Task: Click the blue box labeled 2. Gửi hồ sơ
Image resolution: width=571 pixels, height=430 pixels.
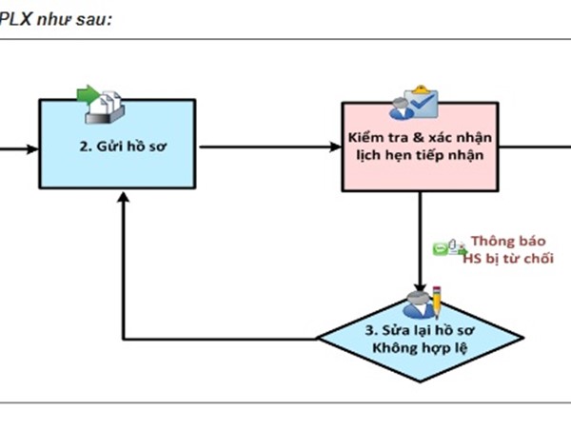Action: click(120, 148)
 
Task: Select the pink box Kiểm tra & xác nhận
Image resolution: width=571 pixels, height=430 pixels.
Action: click(418, 148)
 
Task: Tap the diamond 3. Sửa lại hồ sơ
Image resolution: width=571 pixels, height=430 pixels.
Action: click(418, 339)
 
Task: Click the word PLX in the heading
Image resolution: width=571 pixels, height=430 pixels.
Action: click(16, 19)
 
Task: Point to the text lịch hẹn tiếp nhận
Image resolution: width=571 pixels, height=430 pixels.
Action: click(418, 158)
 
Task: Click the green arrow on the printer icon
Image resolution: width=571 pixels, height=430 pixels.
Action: click(88, 94)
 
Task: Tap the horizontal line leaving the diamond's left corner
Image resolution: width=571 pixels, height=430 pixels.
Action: click(219, 339)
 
